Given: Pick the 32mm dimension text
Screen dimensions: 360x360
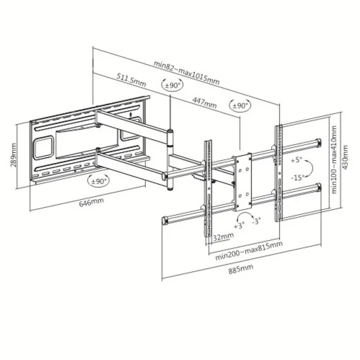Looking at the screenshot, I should click(223, 236).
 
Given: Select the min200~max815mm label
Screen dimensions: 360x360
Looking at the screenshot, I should click(249, 249).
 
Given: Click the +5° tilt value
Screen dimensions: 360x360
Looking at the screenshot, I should click(296, 160).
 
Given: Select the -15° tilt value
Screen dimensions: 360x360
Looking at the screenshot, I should click(296, 178).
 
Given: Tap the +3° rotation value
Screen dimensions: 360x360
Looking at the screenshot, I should click(239, 225).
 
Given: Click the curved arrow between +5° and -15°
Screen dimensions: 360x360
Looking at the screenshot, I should click(310, 169).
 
